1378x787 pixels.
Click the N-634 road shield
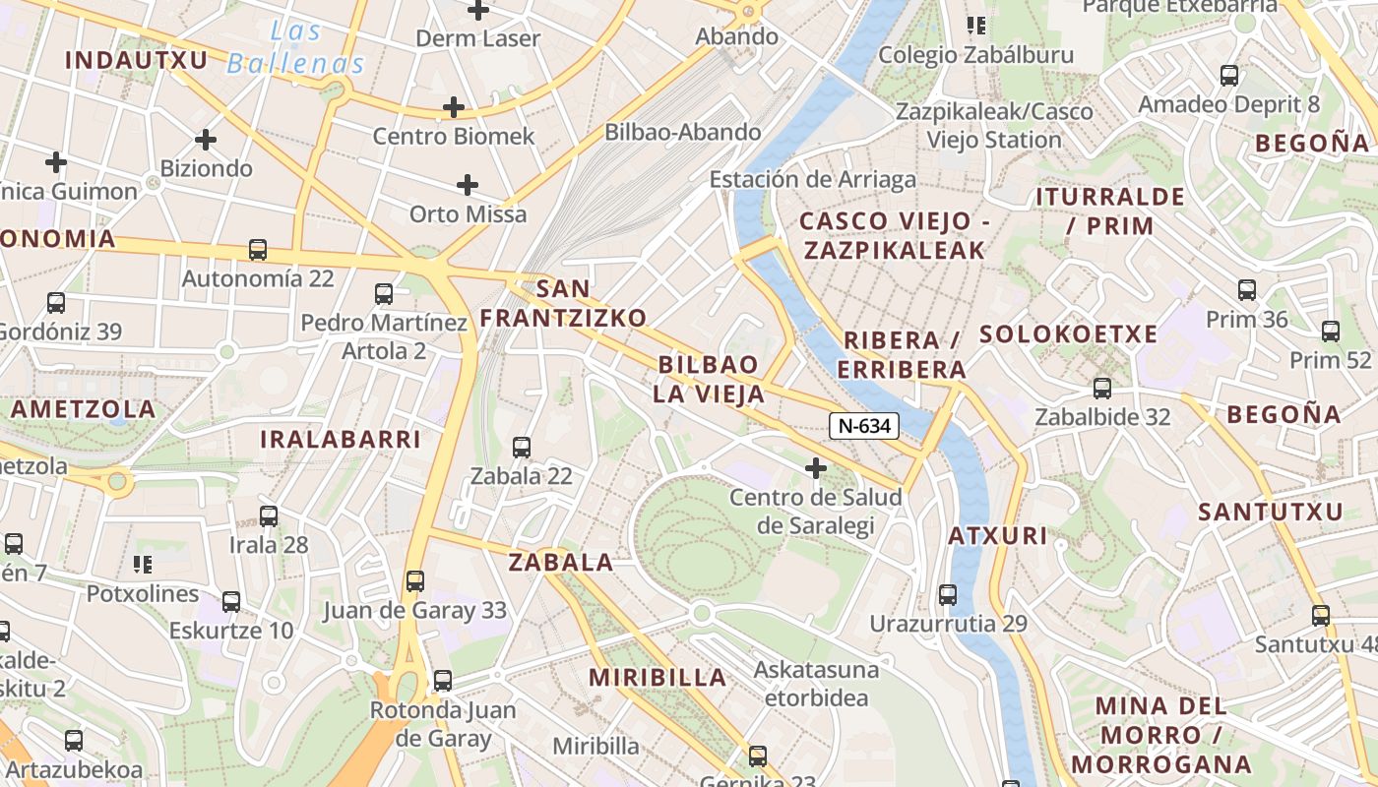[864, 426]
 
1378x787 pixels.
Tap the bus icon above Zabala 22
[522, 448]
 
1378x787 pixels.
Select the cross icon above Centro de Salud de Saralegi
[815, 467]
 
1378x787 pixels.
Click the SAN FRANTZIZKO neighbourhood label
[563, 303]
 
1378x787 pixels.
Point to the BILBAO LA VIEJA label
[709, 380]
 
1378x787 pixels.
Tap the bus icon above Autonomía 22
[258, 250]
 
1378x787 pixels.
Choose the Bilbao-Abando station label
[682, 132]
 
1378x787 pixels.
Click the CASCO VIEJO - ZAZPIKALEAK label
[894, 235]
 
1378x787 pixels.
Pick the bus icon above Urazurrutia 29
[947, 595]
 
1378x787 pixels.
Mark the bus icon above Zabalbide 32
[1102, 389]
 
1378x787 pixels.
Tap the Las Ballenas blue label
[296, 48]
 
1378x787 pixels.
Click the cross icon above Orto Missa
[468, 184]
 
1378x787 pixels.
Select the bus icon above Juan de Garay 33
[415, 581]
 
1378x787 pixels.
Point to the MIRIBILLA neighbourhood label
[658, 678]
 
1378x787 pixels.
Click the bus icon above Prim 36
[1247, 290]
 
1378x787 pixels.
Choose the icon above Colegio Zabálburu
[975, 26]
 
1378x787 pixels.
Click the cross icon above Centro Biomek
[453, 106]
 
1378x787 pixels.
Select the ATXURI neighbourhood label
[997, 537]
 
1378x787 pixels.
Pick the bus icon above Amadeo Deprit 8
[1228, 76]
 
